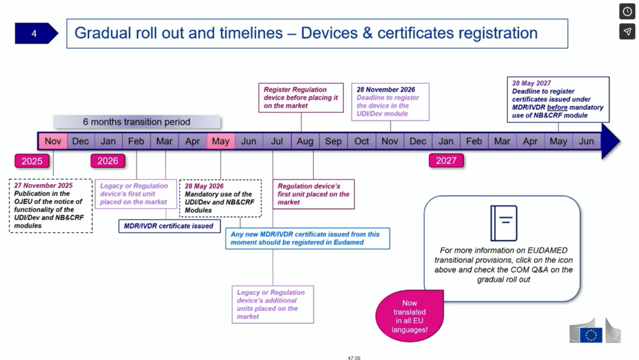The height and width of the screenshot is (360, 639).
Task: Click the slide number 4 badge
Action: (35, 34)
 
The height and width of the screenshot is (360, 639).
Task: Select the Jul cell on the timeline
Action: (277, 142)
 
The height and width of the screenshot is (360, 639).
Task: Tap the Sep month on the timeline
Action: (333, 142)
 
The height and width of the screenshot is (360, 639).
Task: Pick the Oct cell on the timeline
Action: (362, 142)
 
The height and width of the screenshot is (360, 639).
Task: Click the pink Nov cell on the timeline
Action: (53, 142)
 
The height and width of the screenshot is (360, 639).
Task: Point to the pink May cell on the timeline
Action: (221, 142)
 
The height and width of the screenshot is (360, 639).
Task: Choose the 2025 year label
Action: (32, 162)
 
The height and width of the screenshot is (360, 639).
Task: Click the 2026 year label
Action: (108, 162)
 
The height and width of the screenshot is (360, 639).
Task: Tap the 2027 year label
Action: (446, 162)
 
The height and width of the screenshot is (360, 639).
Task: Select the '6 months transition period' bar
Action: (137, 122)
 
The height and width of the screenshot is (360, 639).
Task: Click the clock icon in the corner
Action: (627, 11)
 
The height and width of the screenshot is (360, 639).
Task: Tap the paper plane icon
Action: (627, 31)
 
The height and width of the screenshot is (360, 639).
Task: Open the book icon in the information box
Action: (504, 223)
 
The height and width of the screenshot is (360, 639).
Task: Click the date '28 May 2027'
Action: (532, 83)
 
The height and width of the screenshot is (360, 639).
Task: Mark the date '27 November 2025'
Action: (43, 185)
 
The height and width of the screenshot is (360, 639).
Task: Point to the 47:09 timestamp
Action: (354, 358)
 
